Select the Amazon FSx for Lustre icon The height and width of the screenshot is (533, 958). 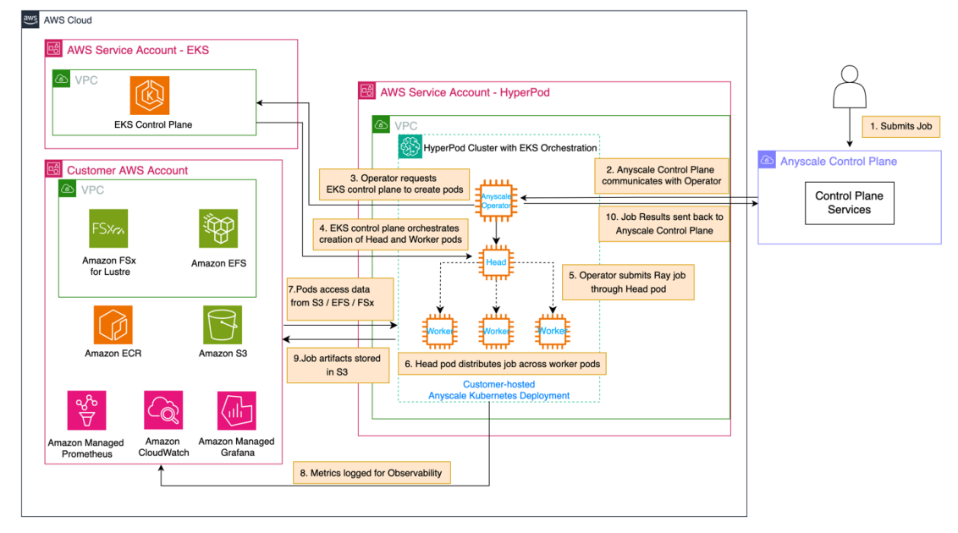(108, 228)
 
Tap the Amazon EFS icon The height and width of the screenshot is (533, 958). (218, 228)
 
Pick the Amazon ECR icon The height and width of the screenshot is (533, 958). (113, 325)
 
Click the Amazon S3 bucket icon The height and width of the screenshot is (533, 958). (223, 325)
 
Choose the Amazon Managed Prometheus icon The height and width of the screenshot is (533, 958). (86, 410)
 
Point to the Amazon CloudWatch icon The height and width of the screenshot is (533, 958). (162, 410)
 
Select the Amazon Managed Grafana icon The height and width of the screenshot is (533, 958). (237, 410)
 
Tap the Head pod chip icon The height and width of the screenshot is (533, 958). (496, 262)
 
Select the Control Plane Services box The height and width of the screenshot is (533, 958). (849, 202)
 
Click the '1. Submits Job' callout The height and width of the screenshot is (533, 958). (901, 126)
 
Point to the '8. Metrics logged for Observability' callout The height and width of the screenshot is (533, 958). (371, 473)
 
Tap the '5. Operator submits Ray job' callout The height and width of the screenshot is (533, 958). (627, 282)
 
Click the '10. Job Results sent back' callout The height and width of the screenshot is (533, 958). (663, 223)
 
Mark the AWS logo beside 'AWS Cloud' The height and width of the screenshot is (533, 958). (30, 19)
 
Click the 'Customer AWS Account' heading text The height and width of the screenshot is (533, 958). (127, 170)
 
